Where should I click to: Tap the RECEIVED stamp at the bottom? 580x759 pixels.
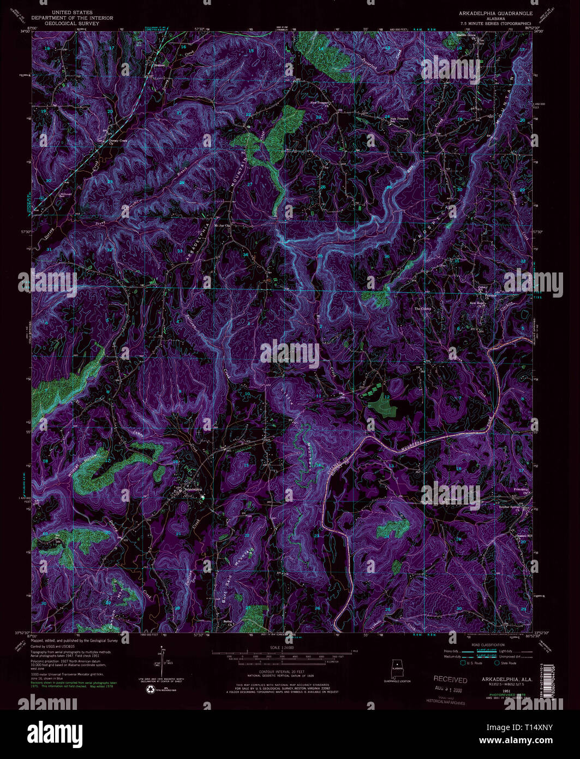pyautogui.click(x=450, y=680)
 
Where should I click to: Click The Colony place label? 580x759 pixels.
pyautogui.click(x=422, y=309)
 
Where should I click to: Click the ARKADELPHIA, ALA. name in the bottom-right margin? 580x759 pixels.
pyautogui.click(x=497, y=679)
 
